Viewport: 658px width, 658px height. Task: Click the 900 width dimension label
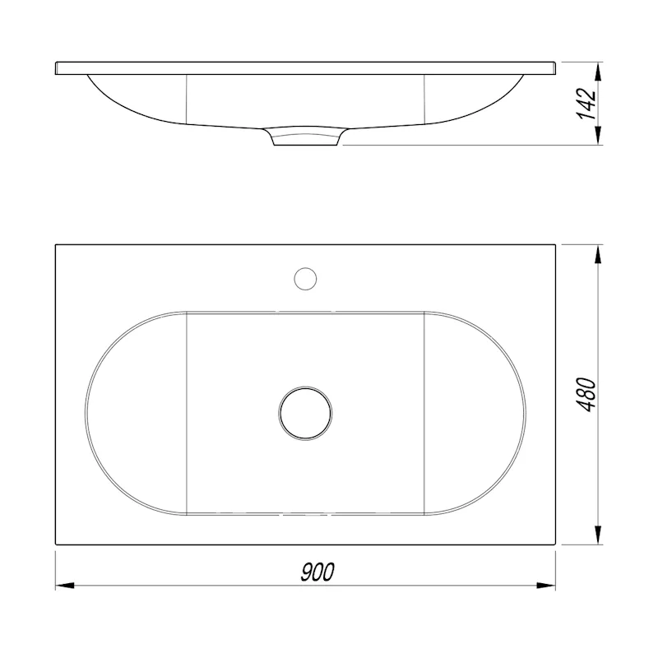point(317,572)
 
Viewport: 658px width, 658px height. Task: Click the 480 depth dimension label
point(586,395)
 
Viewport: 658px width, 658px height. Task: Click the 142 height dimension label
point(586,104)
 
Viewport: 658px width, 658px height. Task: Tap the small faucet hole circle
point(305,279)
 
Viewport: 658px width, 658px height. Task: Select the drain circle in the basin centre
point(305,413)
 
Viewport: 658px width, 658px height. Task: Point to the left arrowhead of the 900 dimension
point(65,586)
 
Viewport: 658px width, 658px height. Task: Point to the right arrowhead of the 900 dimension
point(546,586)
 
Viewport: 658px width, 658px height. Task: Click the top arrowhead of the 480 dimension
point(599,254)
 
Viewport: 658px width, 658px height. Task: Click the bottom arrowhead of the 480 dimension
point(599,535)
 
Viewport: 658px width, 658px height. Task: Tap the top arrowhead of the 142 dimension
point(599,72)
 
